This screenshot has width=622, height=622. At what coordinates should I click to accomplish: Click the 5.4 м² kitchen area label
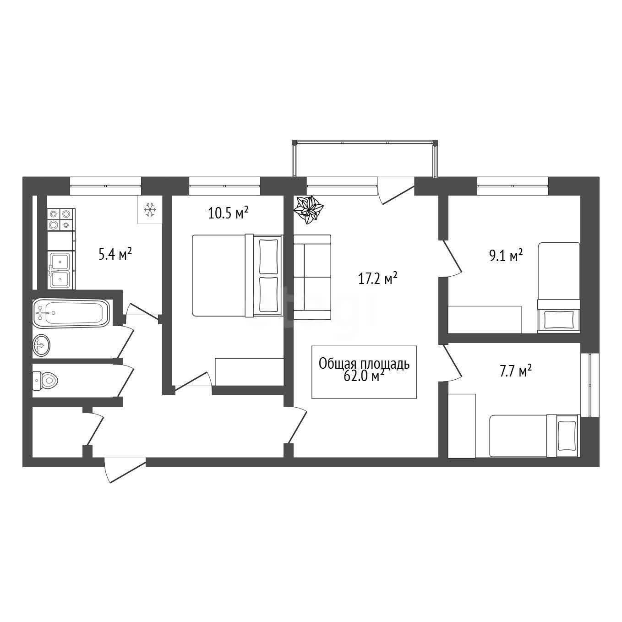(x=115, y=254)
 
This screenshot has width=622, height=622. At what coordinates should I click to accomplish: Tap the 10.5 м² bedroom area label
(x=228, y=213)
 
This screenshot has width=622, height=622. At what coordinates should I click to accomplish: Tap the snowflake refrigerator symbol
(x=150, y=210)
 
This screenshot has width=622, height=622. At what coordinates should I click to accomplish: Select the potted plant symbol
(x=308, y=209)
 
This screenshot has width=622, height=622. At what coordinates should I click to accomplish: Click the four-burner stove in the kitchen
(x=61, y=219)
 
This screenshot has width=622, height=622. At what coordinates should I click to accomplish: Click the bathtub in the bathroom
(x=71, y=313)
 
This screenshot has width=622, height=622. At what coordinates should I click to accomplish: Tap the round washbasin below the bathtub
(x=41, y=346)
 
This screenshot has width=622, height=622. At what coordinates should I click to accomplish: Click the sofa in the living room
(x=312, y=277)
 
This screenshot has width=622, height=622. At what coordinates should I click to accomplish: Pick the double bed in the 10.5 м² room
(x=238, y=275)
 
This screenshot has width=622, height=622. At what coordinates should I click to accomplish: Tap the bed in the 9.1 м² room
(x=558, y=287)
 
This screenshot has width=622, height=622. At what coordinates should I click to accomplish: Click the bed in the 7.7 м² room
(x=534, y=436)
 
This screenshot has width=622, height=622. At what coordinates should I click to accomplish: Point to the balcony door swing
(x=396, y=191)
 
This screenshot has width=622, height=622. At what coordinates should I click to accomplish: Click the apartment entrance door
(x=125, y=469)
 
